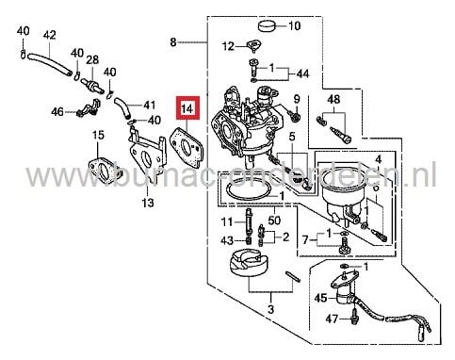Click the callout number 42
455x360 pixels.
pos(50,36)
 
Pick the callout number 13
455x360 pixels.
pos(147,202)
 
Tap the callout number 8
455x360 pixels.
pos(172,42)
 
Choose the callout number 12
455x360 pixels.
pos(227,46)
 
